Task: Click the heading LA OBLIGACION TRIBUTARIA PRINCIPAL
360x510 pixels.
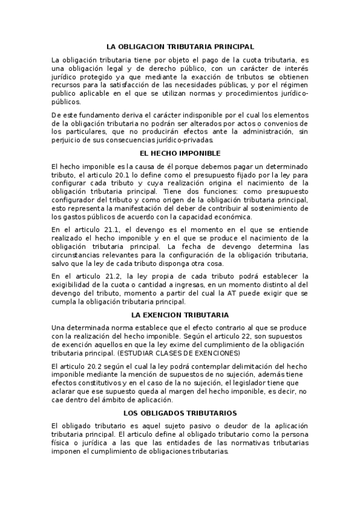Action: click(x=180, y=46)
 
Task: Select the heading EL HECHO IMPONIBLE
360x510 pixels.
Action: click(x=180, y=153)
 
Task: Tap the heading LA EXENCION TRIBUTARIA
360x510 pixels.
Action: click(x=180, y=315)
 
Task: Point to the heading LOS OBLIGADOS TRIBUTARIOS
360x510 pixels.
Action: click(x=180, y=413)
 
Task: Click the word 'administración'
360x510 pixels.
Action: click(x=260, y=131)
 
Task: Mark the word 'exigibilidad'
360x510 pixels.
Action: click(x=72, y=284)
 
